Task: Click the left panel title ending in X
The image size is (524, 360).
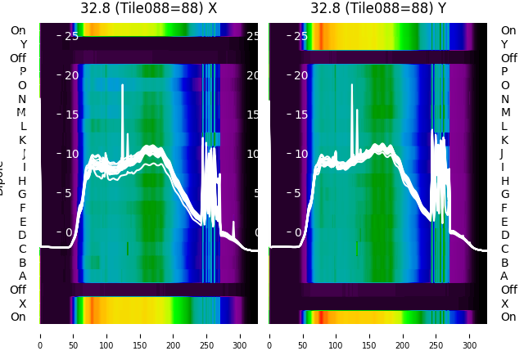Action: (x=149, y=8)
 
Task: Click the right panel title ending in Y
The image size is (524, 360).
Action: (x=379, y=8)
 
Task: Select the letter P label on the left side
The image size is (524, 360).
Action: (x=23, y=71)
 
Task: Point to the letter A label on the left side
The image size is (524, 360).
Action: (x=22, y=276)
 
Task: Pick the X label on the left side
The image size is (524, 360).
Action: (x=22, y=304)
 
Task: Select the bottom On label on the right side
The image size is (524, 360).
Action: (x=508, y=317)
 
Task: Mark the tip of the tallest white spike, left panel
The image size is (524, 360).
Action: (x=123, y=84)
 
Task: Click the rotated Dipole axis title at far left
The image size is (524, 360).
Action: (x=2, y=180)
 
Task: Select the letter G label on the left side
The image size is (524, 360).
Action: (x=22, y=194)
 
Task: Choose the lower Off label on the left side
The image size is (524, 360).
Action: (x=18, y=290)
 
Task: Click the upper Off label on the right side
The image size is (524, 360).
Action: (x=508, y=58)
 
